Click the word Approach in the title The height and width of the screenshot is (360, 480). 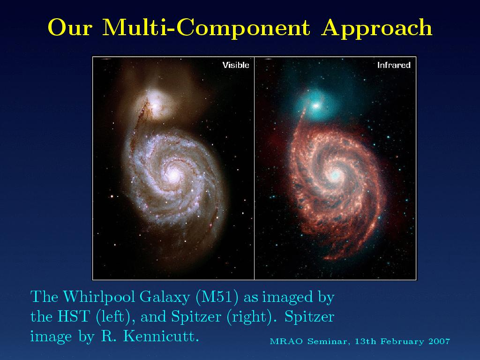[376, 28]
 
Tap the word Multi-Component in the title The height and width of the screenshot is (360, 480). [206, 28]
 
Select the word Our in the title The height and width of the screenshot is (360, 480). [70, 28]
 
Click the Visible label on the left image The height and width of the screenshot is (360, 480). [236, 65]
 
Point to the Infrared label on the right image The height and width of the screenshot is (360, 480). [394, 65]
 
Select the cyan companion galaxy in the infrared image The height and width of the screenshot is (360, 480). [317, 105]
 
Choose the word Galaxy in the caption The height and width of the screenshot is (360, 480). [165, 297]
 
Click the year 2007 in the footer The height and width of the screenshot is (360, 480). [439, 341]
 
